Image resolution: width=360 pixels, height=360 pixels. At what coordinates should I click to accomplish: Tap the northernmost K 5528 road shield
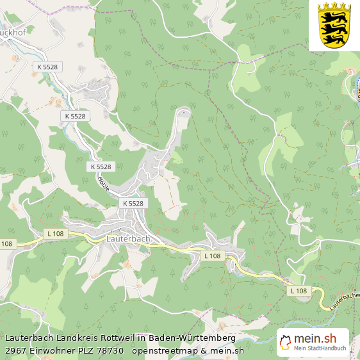(x=47, y=67)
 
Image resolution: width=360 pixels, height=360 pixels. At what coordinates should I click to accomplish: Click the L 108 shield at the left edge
(x=6, y=243)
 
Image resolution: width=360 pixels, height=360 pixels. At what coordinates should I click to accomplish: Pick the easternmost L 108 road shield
(x=299, y=291)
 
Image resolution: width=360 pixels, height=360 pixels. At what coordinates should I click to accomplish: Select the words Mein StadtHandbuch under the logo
(x=320, y=348)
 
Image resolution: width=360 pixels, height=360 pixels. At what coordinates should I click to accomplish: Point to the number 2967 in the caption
(x=16, y=350)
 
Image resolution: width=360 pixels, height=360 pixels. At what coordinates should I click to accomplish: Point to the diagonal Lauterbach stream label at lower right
(x=345, y=300)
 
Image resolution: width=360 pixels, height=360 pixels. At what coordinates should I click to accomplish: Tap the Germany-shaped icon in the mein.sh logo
(x=285, y=342)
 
